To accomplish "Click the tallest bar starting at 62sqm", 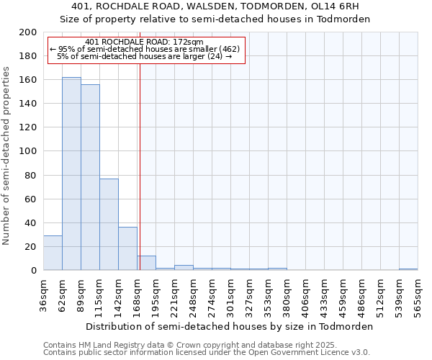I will pyautogui.click(x=71, y=174).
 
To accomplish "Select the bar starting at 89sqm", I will pyautogui.click(x=90, y=177).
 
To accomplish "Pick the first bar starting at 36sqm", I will pyautogui.click(x=53, y=253).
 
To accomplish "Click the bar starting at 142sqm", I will pyautogui.click(x=127, y=248).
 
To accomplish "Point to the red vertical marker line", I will pyautogui.click(x=140, y=166).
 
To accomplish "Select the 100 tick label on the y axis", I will pyautogui.click(x=30, y=151).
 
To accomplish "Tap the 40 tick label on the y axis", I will pyautogui.click(x=32, y=222).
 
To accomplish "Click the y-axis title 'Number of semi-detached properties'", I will pyautogui.click(x=7, y=156).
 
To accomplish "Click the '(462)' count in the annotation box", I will pyautogui.click(x=227, y=49).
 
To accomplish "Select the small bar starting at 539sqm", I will pyautogui.click(x=408, y=269).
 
